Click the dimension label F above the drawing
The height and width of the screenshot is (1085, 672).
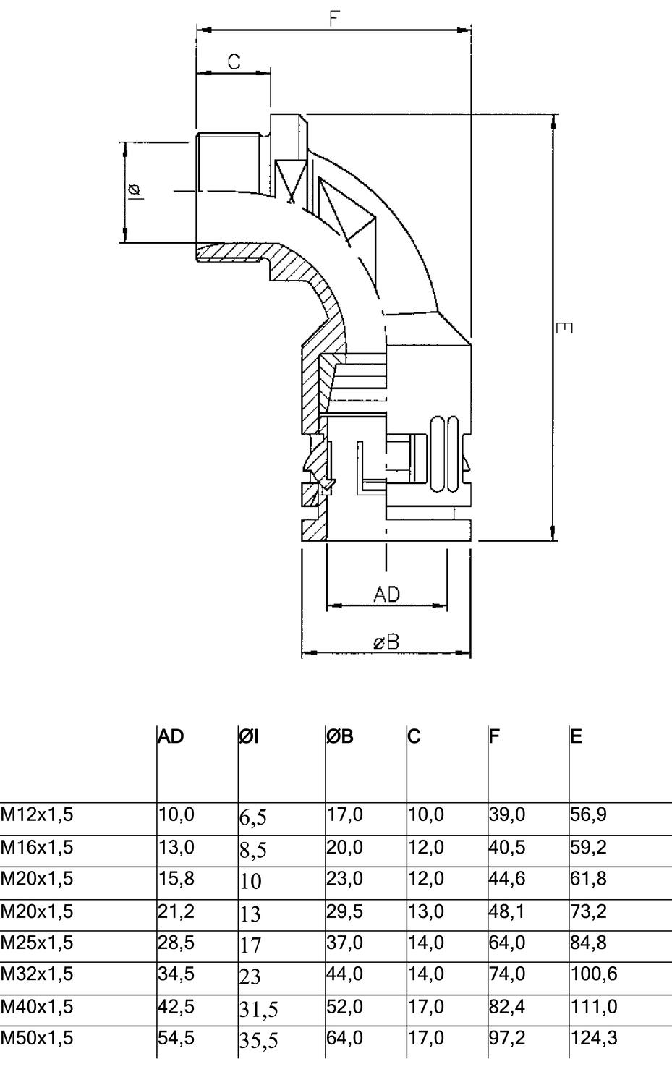pos(334,18)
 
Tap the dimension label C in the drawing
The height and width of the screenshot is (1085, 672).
pos(234,62)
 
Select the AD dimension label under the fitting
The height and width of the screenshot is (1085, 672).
pos(386,595)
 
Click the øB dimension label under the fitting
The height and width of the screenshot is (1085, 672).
pos(386,642)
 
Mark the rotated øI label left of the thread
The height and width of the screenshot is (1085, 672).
pos(135,191)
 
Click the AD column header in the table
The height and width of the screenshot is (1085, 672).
pos(171,737)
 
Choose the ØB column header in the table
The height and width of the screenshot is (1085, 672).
pos(339,737)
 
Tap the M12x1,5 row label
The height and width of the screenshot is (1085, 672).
pos(37,815)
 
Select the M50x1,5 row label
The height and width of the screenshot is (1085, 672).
pos(37,1038)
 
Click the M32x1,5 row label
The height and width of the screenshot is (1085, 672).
pos(37,974)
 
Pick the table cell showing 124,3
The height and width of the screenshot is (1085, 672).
pos(594,1038)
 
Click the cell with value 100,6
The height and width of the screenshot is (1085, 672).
pos(594,974)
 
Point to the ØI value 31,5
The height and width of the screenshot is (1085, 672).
pos(258,1008)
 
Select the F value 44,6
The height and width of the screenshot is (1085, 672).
pos(507,879)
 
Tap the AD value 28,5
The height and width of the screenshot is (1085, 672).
pos(176,943)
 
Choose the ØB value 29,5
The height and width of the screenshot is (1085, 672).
pos(344,911)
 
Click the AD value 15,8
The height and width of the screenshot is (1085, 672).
pos(176,879)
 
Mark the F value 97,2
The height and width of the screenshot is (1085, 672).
pos(507,1038)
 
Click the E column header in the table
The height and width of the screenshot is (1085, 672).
pos(576,737)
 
